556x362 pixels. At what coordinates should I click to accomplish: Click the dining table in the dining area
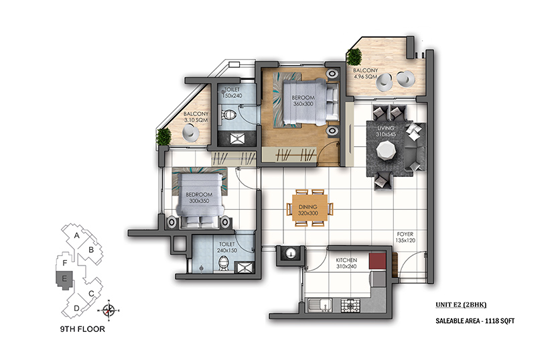[307, 209]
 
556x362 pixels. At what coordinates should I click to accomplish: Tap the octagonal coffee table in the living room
[385, 151]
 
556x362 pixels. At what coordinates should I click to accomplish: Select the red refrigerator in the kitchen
[377, 261]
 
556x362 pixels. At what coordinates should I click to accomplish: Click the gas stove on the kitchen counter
[350, 305]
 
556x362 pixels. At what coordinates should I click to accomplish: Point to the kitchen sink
[320, 305]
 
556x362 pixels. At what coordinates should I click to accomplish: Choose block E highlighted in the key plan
[64, 279]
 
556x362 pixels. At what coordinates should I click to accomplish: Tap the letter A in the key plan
[76, 235]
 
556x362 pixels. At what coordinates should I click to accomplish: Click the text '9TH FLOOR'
[82, 329]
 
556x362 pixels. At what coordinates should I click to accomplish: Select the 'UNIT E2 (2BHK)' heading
[461, 304]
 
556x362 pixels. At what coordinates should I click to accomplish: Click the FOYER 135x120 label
[405, 237]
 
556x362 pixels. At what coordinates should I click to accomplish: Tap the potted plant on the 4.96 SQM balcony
[354, 56]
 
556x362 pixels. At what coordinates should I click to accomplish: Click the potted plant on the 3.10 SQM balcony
[164, 137]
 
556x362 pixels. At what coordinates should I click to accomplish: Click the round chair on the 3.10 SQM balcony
[191, 134]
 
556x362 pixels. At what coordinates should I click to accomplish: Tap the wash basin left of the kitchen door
[291, 254]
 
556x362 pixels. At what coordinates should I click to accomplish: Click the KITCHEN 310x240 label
[346, 263]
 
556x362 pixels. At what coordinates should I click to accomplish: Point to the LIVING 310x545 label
[386, 131]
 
